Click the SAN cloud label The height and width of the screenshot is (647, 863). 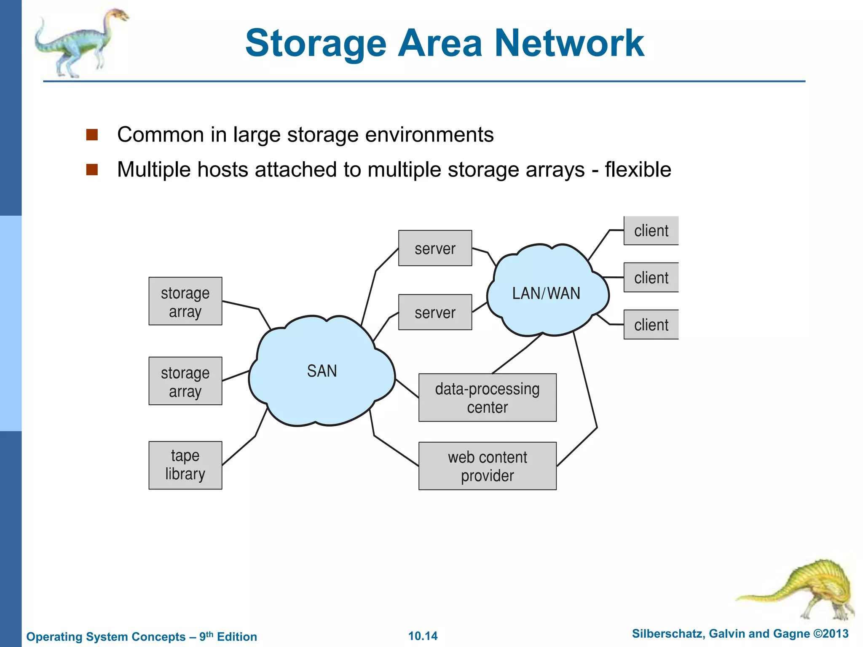pos(322,371)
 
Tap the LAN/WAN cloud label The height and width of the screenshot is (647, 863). pos(546,293)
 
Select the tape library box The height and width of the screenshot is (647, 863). pos(185,465)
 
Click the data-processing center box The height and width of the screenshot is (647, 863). pos(487,398)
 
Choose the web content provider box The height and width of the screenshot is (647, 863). pos(487,466)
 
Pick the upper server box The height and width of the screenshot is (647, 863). pos(435,248)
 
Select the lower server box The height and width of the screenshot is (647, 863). pos(435,312)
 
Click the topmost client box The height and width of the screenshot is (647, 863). pos(651,231)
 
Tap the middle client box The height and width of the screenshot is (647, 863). pos(651,278)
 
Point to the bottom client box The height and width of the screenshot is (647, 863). pos(651,325)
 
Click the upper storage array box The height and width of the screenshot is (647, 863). pos(185,301)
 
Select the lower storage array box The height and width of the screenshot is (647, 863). pos(185,381)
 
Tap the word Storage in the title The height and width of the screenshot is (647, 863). pos(316,44)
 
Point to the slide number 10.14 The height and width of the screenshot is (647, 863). pos(423,636)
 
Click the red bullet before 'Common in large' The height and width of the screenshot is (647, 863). pos(92,135)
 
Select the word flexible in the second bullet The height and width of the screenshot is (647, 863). pos(638,170)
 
